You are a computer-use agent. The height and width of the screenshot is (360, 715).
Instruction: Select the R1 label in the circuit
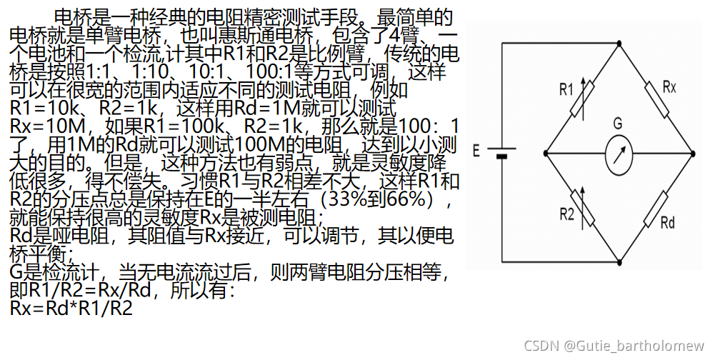click(x=566, y=90)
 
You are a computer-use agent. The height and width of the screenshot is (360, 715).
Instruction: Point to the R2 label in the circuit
click(x=566, y=214)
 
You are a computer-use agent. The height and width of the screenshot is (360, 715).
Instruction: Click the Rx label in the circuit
click(x=669, y=87)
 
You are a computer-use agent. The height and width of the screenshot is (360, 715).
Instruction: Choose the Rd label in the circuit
click(x=667, y=222)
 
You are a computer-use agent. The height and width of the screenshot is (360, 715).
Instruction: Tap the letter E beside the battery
click(x=476, y=151)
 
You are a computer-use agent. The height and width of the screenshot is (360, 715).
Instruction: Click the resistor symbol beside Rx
click(x=656, y=99)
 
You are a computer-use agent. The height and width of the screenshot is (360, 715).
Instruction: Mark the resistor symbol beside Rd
click(x=656, y=206)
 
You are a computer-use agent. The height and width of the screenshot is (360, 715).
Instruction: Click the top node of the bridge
click(x=619, y=43)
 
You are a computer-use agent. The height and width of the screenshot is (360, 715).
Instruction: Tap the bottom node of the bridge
click(x=619, y=261)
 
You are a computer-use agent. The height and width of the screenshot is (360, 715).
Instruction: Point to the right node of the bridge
click(x=692, y=153)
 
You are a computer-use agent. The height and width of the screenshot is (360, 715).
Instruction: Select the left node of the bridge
click(x=545, y=153)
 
